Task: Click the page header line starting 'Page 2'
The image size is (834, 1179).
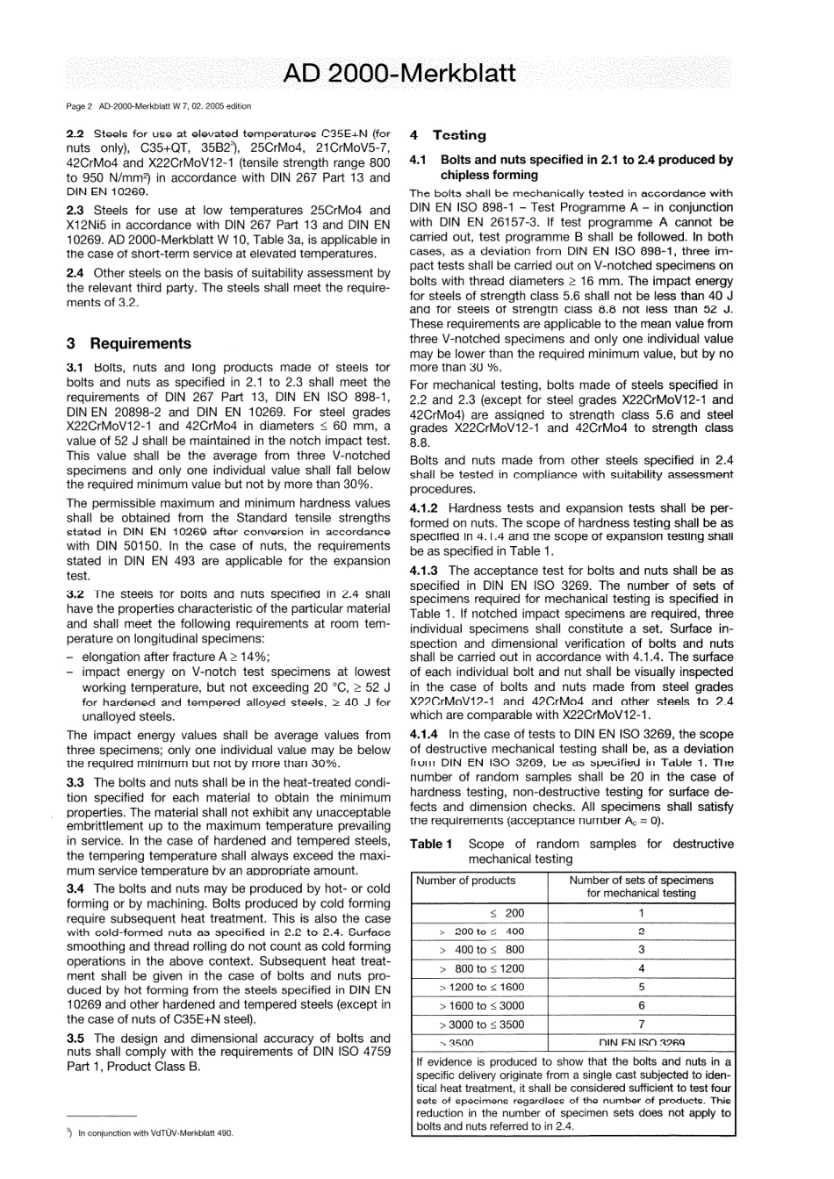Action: tap(159, 106)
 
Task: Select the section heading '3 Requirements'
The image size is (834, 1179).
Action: tap(128, 343)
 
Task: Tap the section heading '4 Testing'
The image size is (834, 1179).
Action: tap(448, 135)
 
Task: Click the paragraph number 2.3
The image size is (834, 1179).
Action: tap(75, 211)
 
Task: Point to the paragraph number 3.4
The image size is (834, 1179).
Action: tap(75, 888)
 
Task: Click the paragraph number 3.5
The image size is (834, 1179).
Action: tap(75, 1038)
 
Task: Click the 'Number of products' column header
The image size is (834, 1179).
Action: tap(465, 881)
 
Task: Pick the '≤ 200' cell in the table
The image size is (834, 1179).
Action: tap(507, 913)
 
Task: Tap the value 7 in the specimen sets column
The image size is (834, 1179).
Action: tap(641, 1024)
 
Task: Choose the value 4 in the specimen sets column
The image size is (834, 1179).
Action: tap(641, 968)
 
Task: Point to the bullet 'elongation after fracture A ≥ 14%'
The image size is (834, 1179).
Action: tap(176, 657)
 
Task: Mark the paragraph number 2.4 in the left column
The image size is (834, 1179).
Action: tap(75, 273)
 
